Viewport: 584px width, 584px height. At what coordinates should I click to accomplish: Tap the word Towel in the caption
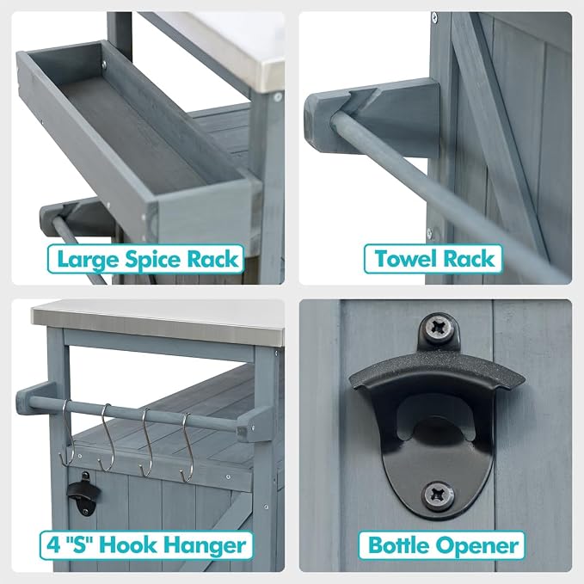(x=406, y=259)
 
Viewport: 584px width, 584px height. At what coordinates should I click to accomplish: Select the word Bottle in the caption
(x=399, y=545)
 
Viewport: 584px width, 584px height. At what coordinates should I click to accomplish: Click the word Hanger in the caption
(x=205, y=546)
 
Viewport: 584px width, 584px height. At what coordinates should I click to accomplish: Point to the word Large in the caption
(x=89, y=261)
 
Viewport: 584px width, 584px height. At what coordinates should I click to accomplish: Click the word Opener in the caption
(x=477, y=547)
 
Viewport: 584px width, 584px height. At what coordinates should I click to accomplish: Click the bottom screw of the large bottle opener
(x=439, y=495)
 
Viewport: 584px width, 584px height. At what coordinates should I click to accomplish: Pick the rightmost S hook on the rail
(x=187, y=447)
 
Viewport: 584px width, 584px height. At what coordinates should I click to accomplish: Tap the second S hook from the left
(x=106, y=438)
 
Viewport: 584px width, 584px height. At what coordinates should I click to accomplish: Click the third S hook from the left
(x=146, y=442)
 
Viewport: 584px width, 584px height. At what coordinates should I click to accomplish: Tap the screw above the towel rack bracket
(x=434, y=17)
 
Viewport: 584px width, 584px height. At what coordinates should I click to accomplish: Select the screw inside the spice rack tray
(x=104, y=65)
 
